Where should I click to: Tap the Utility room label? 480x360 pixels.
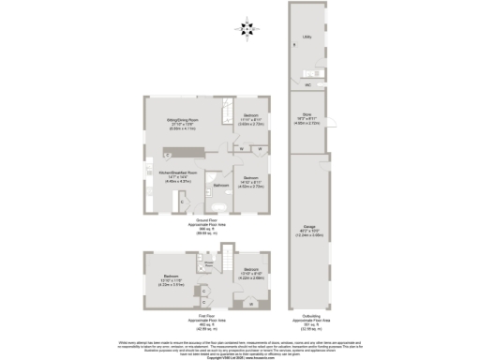point(307,38)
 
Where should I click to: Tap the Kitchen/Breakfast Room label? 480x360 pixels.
point(177,174)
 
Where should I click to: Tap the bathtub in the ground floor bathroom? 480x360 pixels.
point(213,199)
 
